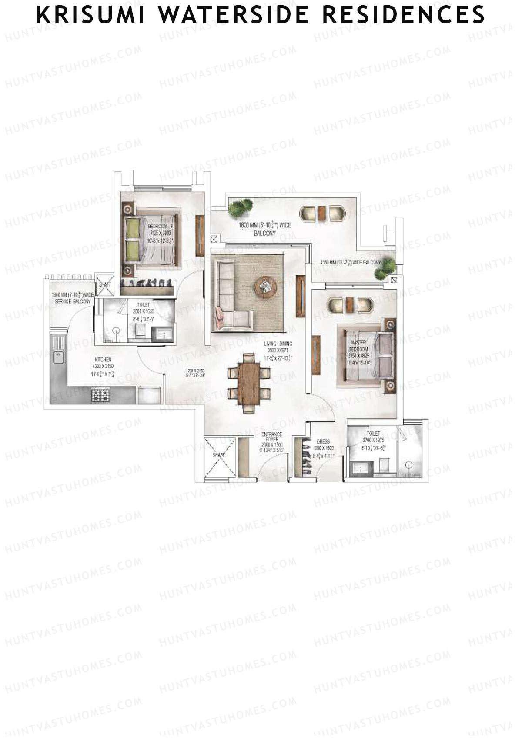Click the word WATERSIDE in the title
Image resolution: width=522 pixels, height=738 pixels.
tap(233, 14)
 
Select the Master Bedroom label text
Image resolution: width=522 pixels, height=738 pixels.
tap(359, 346)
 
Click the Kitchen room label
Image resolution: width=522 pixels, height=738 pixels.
tap(103, 360)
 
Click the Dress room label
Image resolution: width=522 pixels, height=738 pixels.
tap(324, 441)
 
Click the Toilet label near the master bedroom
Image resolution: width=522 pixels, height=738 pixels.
tap(373, 434)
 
